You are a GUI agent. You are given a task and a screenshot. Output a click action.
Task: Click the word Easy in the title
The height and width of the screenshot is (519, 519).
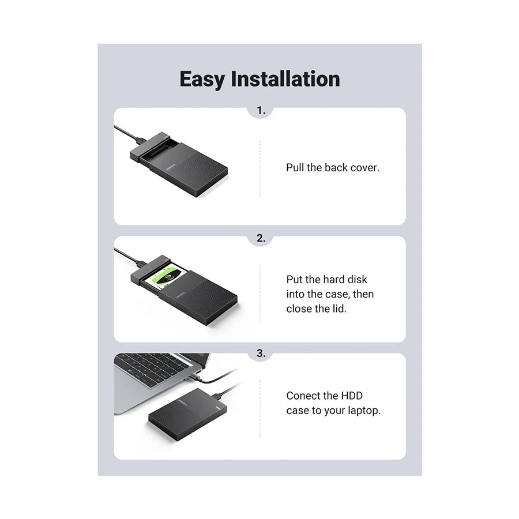202,80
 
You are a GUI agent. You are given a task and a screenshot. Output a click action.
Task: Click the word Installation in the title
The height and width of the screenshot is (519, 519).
285,79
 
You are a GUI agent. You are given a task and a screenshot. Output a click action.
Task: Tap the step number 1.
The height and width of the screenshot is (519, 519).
261,110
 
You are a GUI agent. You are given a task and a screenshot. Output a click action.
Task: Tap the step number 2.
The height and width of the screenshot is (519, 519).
261,238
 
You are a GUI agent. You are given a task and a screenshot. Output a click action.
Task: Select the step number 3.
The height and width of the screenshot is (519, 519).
261,353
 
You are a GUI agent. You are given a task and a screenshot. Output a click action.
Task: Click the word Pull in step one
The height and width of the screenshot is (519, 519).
295,167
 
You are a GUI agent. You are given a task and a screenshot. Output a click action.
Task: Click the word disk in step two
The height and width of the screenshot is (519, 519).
357,279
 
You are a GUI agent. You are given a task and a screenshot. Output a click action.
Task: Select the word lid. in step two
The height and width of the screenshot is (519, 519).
339,309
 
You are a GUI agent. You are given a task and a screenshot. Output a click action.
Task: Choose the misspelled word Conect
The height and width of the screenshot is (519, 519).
303,396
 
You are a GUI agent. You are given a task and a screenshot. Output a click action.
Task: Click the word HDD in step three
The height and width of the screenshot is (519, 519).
352,396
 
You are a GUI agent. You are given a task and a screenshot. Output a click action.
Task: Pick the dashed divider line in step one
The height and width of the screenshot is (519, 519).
260,169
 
